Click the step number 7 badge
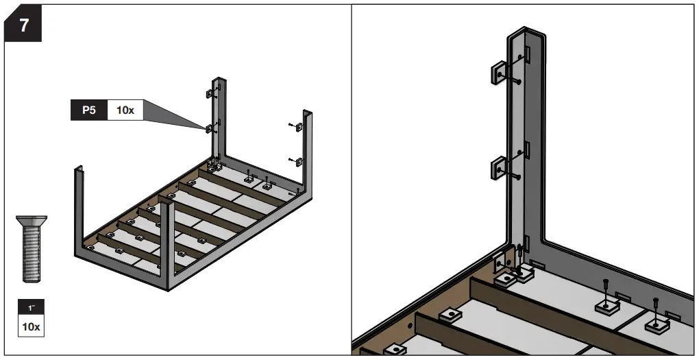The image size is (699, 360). pos(24,27)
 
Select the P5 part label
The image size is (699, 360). pos(88,110)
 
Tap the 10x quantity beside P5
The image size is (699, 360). pos(125,110)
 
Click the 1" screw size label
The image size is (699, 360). pos(30,309)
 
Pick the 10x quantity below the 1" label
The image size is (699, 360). pos(30,326)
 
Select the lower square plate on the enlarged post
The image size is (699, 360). pos(499,167)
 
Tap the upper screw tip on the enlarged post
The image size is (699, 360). pos(519,82)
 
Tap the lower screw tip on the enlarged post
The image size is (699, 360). pos(519,178)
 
